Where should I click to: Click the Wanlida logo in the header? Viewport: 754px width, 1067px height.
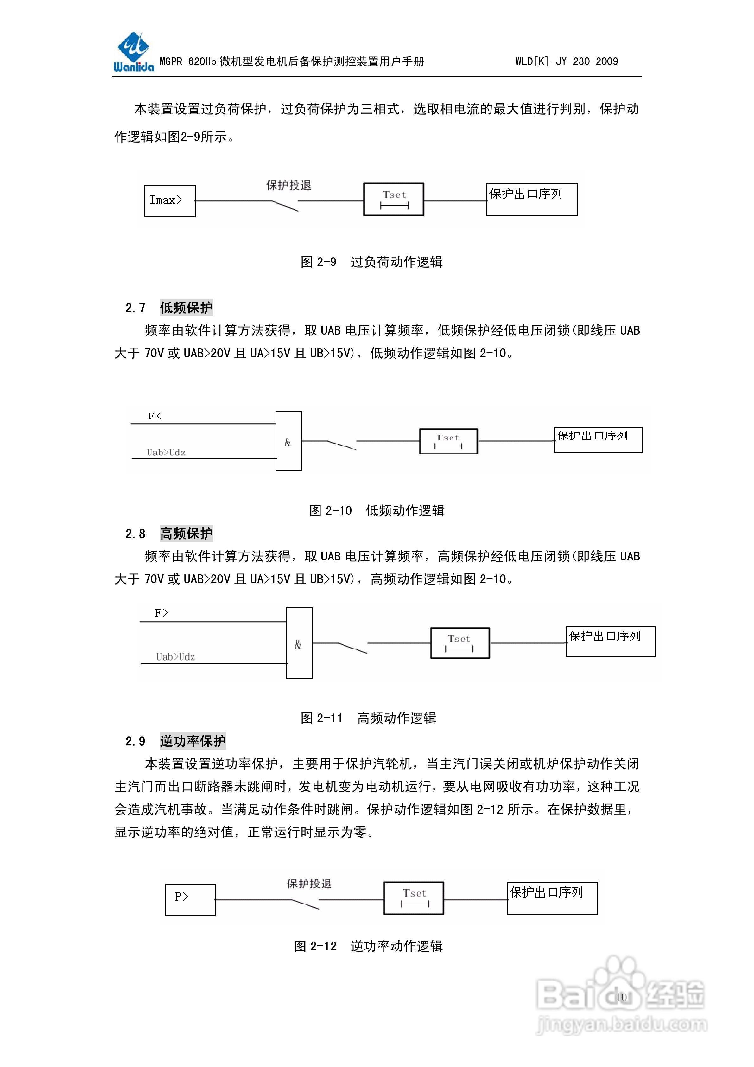[133, 52]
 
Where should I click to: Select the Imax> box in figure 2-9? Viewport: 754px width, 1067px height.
[169, 201]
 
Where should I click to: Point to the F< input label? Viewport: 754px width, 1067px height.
[154, 416]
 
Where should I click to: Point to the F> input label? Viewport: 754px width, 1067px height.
[161, 612]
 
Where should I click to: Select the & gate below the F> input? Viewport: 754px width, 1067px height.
[299, 643]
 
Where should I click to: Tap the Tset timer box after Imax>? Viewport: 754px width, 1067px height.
[394, 199]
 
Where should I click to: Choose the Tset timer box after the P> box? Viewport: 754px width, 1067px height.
[414, 898]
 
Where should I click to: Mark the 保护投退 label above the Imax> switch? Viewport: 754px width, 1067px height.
[288, 185]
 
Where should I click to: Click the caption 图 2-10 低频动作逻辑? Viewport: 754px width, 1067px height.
[377, 510]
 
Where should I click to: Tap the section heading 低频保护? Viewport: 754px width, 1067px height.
[186, 307]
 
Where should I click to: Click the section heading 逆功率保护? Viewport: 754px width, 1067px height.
[193, 741]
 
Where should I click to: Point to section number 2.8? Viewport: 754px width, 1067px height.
[135, 533]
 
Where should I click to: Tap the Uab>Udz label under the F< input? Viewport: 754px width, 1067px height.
[166, 452]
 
